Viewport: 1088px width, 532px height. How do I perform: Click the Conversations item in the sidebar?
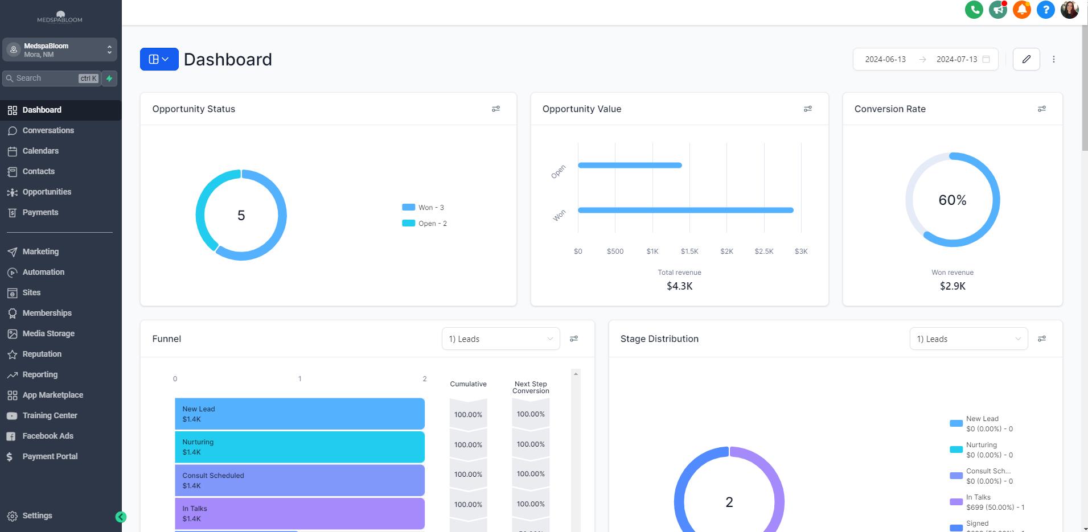(48, 130)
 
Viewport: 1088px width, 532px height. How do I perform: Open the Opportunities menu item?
(47, 192)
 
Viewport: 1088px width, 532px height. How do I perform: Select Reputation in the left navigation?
(42, 354)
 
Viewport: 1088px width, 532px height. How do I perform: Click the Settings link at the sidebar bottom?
(37, 515)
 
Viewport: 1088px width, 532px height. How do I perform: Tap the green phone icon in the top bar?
(974, 10)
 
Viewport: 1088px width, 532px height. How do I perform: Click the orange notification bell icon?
(1022, 10)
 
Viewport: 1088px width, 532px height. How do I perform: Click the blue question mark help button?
(1046, 10)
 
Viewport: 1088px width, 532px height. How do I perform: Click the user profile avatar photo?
(1070, 10)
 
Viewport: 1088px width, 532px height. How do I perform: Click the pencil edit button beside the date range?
(1027, 59)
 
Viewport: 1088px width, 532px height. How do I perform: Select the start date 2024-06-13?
(885, 59)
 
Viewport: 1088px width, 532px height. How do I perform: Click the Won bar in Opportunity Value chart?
(685, 210)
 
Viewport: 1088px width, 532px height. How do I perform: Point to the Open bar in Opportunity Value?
(630, 166)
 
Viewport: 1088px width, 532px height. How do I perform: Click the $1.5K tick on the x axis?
(689, 251)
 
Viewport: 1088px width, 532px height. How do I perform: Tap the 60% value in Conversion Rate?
(952, 200)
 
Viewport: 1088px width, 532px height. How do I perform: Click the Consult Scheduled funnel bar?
(299, 480)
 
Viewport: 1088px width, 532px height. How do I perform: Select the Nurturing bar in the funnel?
(299, 447)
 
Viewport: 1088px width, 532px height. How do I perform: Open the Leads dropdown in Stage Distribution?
(968, 339)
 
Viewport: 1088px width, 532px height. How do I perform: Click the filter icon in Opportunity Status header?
(496, 109)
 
